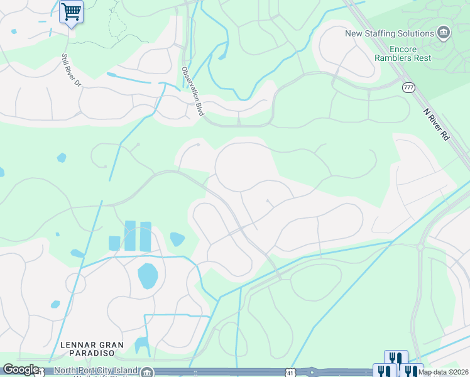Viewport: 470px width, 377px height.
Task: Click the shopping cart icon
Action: [x=71, y=11]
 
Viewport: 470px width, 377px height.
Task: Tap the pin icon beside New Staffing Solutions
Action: [x=444, y=32]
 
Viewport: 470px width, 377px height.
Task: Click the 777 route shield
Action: [x=409, y=87]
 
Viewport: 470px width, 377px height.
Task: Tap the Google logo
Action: [x=21, y=369]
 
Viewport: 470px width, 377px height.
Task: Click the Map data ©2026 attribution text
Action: [x=443, y=372]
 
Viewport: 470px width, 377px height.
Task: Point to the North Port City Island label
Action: [x=95, y=371]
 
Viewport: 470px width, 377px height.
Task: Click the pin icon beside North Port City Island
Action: [x=146, y=372]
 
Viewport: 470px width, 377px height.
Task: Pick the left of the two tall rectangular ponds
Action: [x=130, y=235]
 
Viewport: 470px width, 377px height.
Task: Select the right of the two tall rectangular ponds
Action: [x=146, y=236]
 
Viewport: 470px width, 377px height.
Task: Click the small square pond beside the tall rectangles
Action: [x=114, y=243]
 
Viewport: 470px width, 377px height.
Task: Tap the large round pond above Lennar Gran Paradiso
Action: [x=147, y=276]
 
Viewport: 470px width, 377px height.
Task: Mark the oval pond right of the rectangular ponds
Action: [x=177, y=239]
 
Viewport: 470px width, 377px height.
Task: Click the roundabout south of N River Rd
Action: [x=420, y=247]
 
